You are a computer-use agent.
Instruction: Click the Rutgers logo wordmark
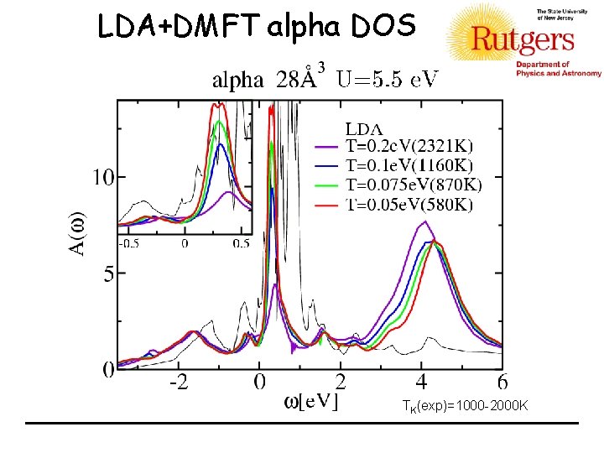point(523,39)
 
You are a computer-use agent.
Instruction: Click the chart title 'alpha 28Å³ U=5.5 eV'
point(325,80)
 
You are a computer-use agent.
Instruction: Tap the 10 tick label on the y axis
point(102,177)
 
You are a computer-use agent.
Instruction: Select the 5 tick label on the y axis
point(108,273)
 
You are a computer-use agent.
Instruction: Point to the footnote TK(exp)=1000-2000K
point(465,406)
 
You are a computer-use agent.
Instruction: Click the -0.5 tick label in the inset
point(128,243)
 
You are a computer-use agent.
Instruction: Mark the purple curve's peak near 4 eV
point(427,221)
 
